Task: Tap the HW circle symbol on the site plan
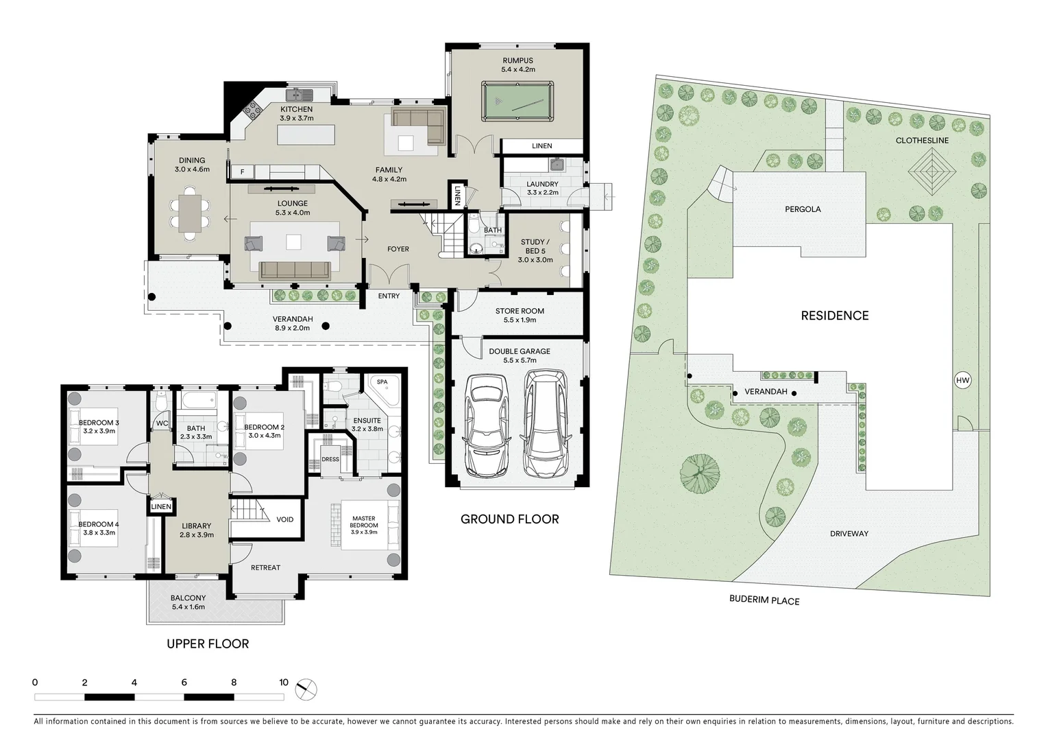click(x=962, y=380)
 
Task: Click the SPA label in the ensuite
click(x=382, y=381)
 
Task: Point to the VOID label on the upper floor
click(x=285, y=519)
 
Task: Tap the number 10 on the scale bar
click(x=284, y=683)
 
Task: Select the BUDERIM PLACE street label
click(x=764, y=600)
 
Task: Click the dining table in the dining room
click(x=188, y=212)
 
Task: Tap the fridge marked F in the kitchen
click(x=242, y=172)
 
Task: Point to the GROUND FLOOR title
click(x=509, y=519)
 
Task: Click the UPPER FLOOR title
click(x=208, y=644)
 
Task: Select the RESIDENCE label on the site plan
click(x=834, y=316)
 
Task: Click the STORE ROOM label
click(x=520, y=311)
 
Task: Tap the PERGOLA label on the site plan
click(x=803, y=209)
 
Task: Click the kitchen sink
click(x=300, y=95)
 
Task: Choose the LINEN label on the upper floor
click(x=161, y=507)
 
